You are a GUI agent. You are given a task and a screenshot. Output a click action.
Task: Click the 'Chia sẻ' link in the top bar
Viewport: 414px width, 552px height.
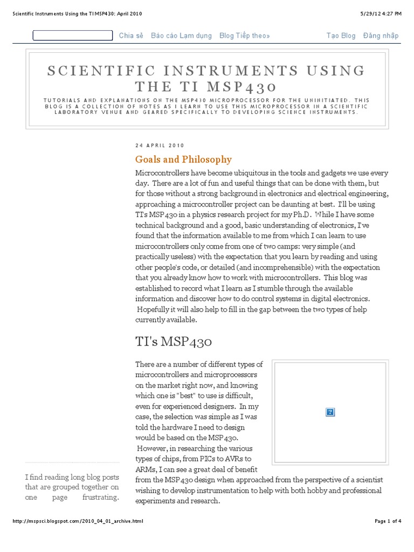pyautogui.click(x=131, y=36)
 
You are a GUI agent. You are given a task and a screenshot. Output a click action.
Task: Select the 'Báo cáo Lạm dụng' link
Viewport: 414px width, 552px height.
pyautogui.click(x=182, y=36)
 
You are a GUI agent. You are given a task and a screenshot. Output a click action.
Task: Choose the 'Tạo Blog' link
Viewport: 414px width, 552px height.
pyautogui.click(x=341, y=36)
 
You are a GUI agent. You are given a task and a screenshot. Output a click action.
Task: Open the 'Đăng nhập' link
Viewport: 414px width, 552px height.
pyautogui.click(x=381, y=36)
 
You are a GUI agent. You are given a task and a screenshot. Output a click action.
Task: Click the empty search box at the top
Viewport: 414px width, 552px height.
pyautogui.click(x=72, y=36)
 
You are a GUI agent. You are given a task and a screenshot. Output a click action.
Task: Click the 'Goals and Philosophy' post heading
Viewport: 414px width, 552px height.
pyautogui.click(x=183, y=160)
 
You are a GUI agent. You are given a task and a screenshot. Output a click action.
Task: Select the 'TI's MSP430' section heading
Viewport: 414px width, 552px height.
pyautogui.click(x=174, y=342)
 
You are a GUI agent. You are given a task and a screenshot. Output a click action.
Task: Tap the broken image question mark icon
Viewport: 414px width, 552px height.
pyautogui.click(x=330, y=412)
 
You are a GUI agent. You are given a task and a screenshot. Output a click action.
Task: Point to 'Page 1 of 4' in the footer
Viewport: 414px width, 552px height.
pyautogui.click(x=388, y=521)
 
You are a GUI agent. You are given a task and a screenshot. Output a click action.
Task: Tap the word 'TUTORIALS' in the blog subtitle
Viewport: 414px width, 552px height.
pyautogui.click(x=62, y=100)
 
